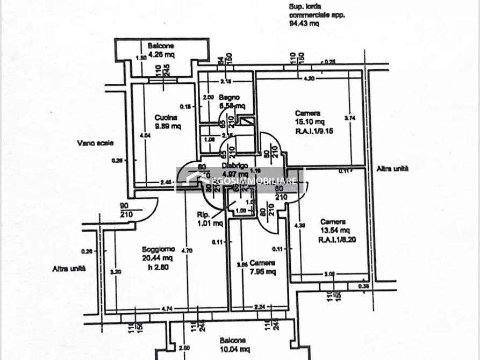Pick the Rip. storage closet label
pos(205,215)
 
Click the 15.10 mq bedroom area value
pos(307,121)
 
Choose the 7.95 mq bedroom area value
pos(263,271)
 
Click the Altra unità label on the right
pos(392,168)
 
